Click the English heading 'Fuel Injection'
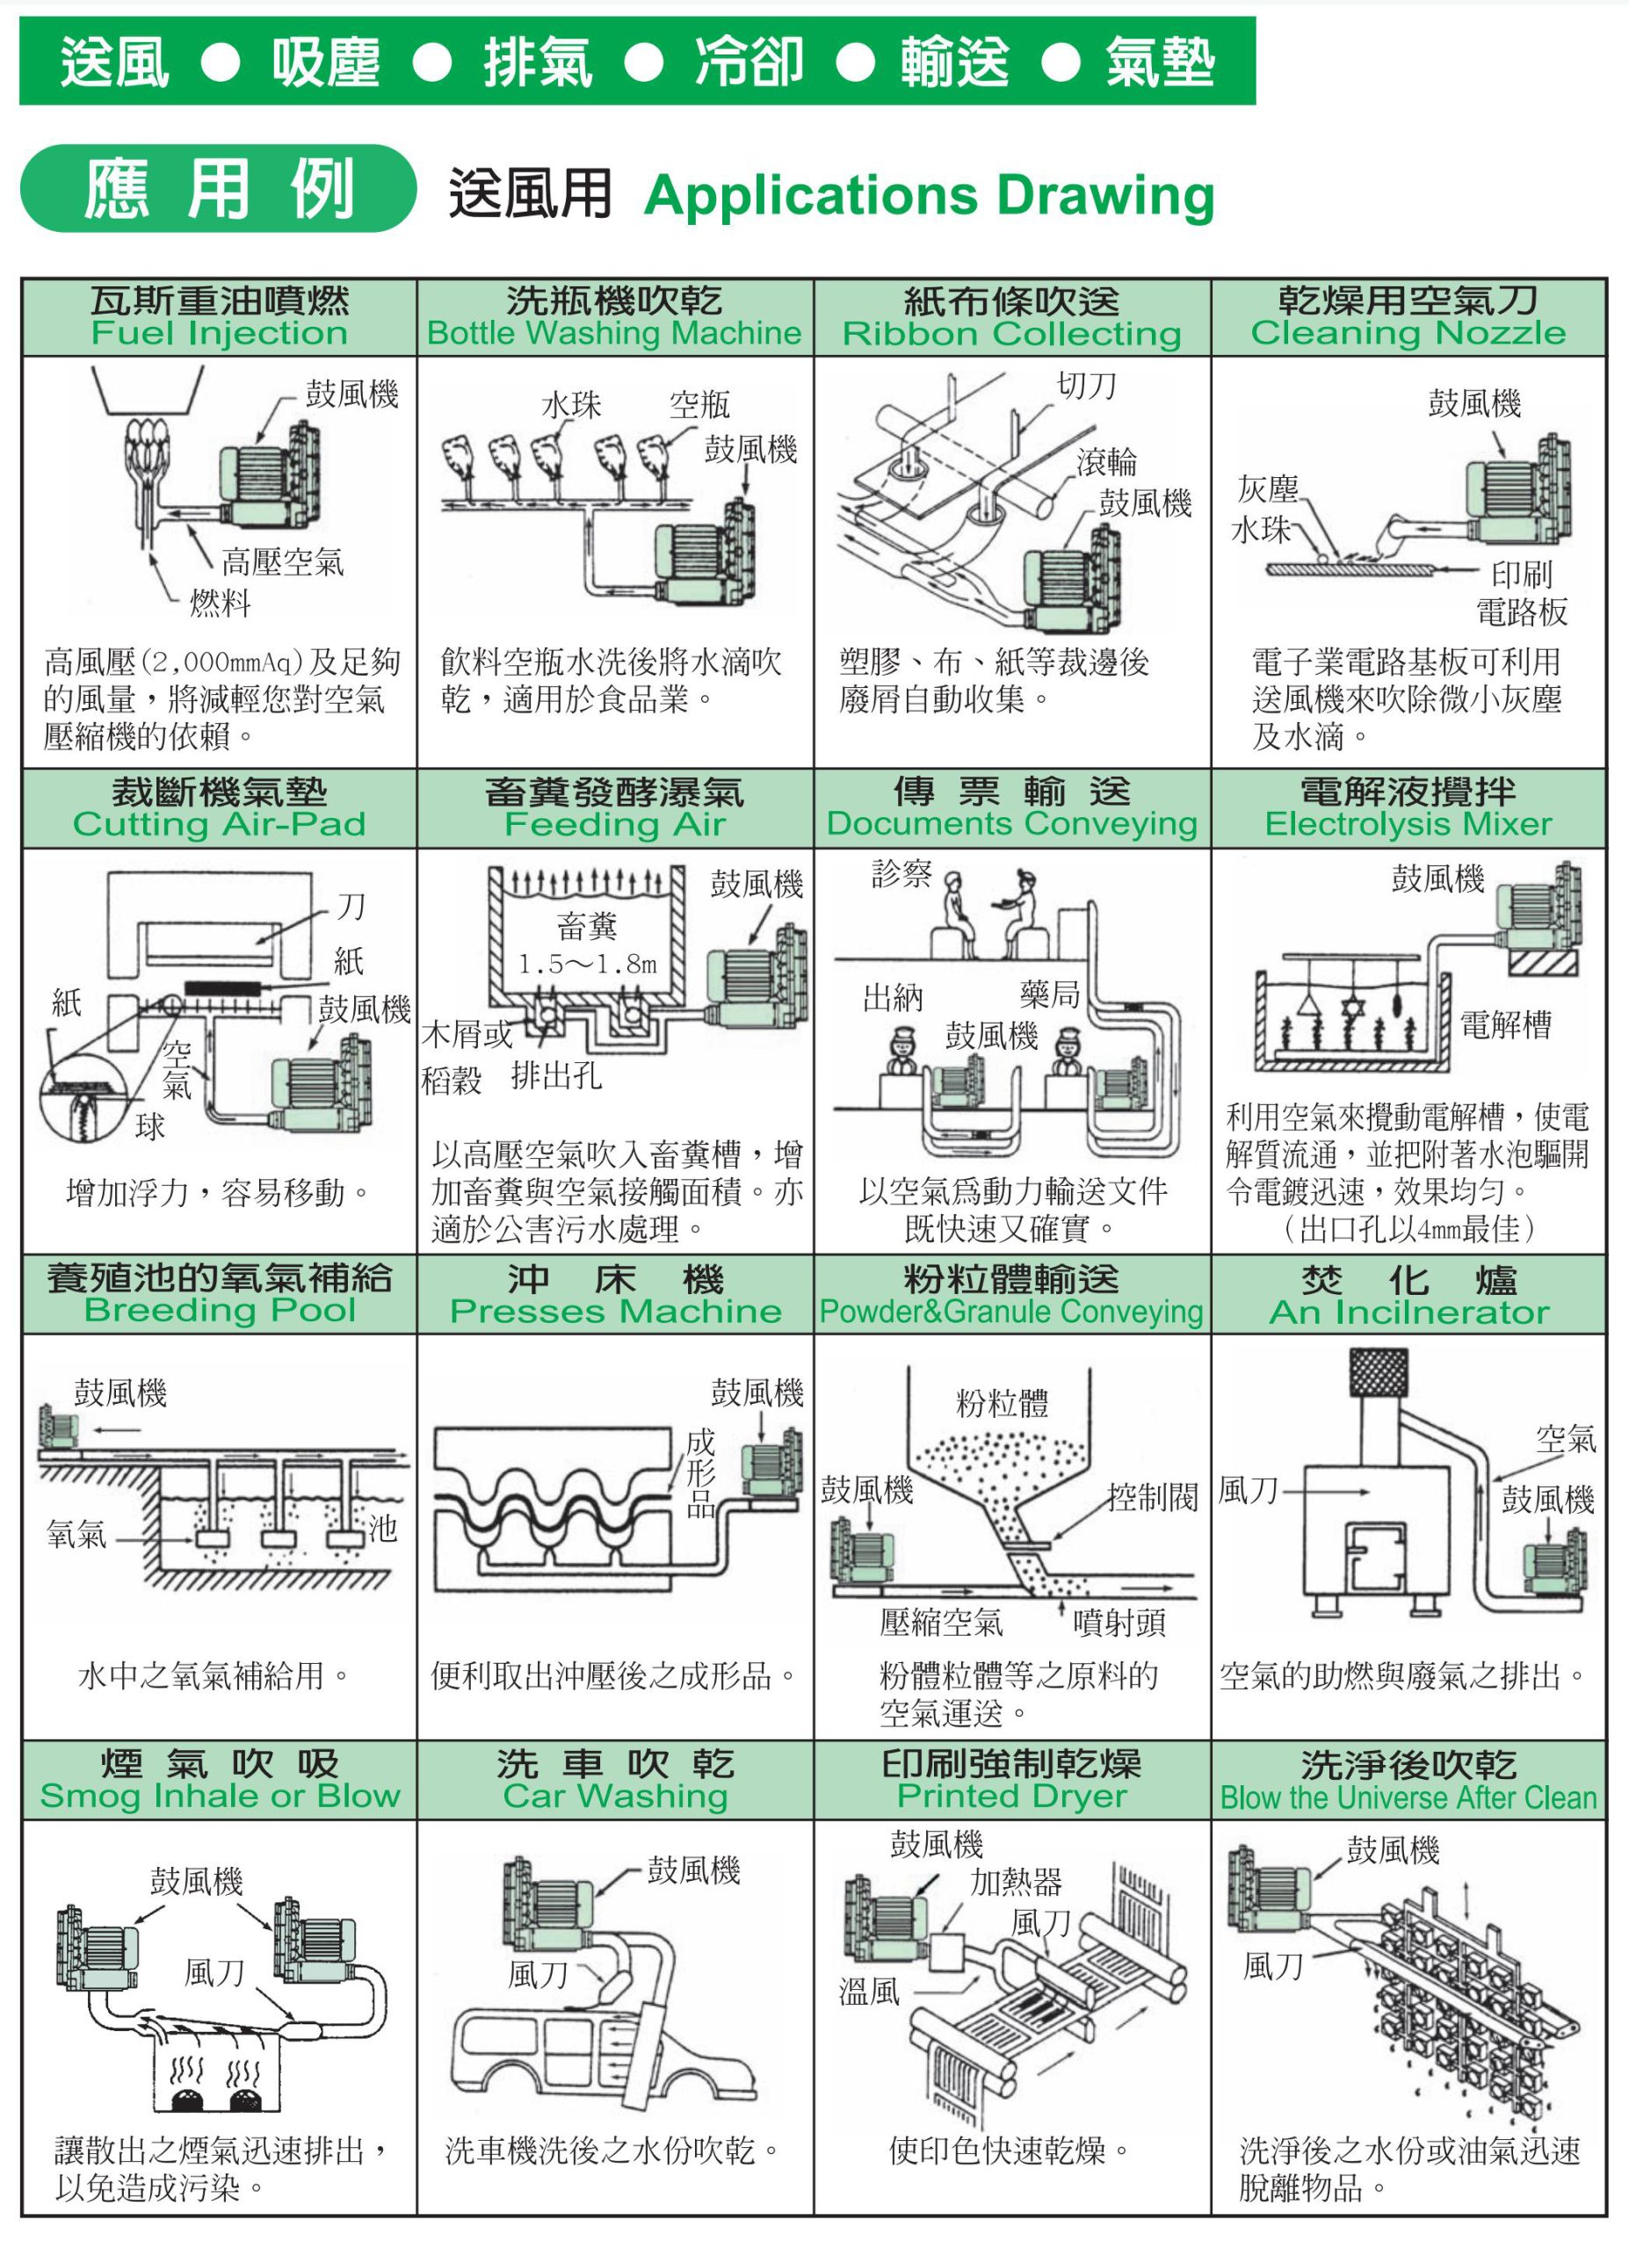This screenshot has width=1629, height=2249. click(219, 333)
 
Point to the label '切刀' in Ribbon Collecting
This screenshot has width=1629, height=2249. click(1087, 386)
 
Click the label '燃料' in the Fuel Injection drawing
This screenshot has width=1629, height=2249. click(221, 603)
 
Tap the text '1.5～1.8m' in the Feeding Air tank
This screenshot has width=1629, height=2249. click(587, 964)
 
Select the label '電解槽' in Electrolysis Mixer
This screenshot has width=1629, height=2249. click(1505, 1024)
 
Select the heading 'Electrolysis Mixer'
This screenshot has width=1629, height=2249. click(1408, 824)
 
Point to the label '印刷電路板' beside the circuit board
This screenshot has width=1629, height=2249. click(1522, 593)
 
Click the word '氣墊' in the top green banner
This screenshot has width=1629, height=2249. click(1159, 62)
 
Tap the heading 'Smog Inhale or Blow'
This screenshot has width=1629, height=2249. click(219, 1796)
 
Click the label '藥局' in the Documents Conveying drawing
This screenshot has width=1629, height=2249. click(1049, 994)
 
